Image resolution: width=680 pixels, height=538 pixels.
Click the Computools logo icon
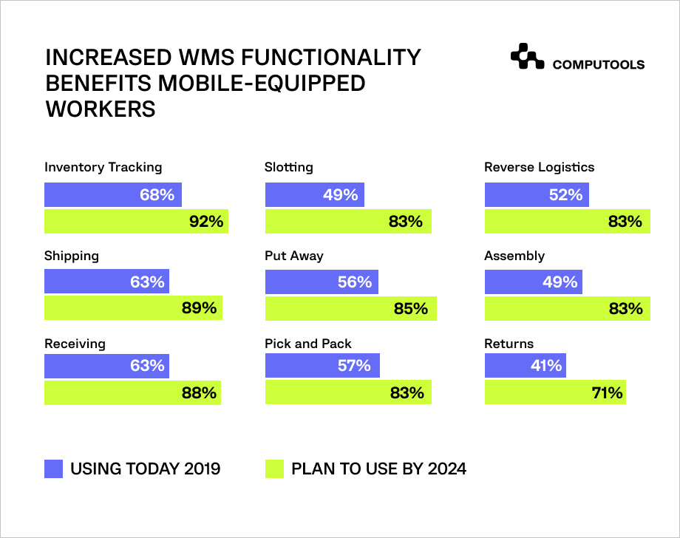coord(527,58)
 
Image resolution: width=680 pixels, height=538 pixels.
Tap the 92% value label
coord(205,221)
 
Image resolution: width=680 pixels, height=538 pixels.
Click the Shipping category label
coord(72,256)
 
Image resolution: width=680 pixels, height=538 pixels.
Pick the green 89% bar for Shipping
coord(133,308)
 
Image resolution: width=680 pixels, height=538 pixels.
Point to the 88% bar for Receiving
coord(133,392)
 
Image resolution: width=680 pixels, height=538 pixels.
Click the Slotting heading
coord(289,167)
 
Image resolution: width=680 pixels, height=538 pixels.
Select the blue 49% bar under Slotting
coord(314,195)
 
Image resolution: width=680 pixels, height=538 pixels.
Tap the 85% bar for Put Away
coord(350,308)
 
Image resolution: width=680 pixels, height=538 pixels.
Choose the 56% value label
coord(355,282)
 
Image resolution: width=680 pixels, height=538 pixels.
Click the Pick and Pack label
coord(308,344)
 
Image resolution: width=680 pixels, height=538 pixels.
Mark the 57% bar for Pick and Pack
coord(322,365)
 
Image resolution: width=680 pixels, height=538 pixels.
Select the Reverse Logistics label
coord(540,167)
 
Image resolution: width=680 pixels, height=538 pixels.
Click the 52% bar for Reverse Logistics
coord(537,195)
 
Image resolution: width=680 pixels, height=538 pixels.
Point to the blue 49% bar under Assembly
coord(533,282)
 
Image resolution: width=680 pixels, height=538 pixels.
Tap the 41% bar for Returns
coord(525,365)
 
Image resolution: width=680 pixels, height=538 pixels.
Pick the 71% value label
coord(607,392)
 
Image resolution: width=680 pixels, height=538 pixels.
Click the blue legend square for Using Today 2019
coord(54,469)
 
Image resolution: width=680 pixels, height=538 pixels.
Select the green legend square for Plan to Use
coord(274,469)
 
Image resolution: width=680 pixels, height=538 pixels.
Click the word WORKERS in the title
coord(101,109)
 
